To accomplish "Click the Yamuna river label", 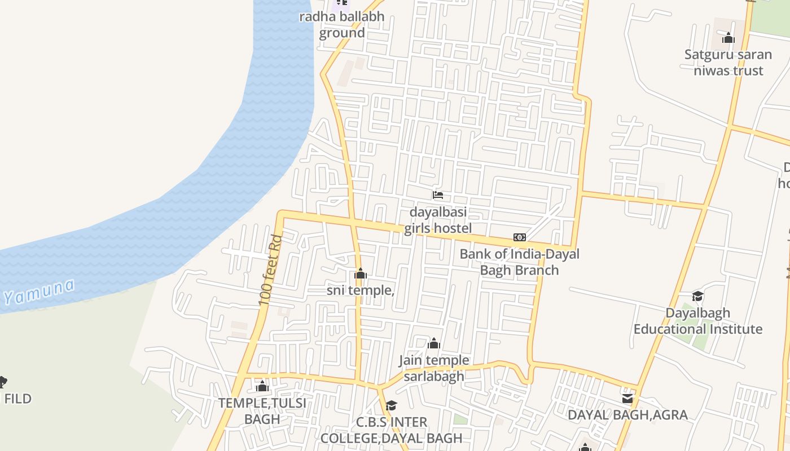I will pos(39,291).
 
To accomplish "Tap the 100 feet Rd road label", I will pos(270,271).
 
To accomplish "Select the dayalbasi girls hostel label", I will pos(438,220).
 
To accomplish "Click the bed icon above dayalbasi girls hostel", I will pos(438,195).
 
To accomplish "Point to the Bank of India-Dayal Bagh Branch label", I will pos(519,262).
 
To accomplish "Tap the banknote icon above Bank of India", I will pos(519,237).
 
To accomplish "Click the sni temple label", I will pos(361,290).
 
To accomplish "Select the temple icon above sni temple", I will pos(361,275).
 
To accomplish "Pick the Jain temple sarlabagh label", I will pos(434,368).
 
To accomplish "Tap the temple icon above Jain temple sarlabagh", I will pos(434,343).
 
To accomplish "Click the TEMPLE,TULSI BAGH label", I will pos(262,411).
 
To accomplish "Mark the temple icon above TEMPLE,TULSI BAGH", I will pos(262,387).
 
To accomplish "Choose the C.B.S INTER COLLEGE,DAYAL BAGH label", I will pos(392,430).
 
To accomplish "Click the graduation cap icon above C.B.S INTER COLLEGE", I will pos(392,405).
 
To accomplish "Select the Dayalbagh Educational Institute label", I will pos(698,321).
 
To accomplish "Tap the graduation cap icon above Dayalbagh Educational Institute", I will pos(698,297).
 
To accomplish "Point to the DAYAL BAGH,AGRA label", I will pos(627,415).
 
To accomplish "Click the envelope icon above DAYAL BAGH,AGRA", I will pos(627,399).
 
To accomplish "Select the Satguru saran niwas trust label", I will pos(728,63).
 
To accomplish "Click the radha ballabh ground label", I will pos(342,24).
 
